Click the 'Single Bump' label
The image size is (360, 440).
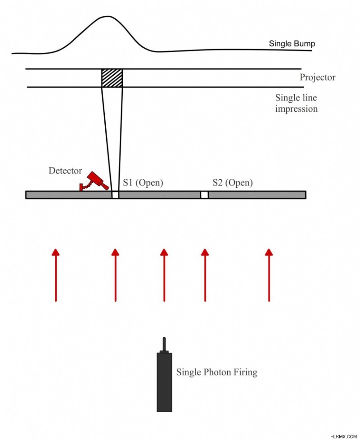tap(292, 44)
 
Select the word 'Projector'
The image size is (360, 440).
tap(317, 77)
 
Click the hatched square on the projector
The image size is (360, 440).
tap(112, 78)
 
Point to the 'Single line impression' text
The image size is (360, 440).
tap(297, 103)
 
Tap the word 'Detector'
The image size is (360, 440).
tap(65, 171)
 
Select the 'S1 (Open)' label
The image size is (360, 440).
tap(143, 183)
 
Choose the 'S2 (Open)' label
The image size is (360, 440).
tap(233, 183)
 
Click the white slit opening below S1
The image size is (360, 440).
tap(115, 195)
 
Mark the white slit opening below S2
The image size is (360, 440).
tap(204, 195)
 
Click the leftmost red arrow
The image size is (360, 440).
tap(56, 275)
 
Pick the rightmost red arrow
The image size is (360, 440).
tap(269, 275)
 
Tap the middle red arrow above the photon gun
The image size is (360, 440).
tap(164, 275)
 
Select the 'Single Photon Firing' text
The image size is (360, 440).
tap(217, 372)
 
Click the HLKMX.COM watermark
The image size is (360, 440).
tap(343, 437)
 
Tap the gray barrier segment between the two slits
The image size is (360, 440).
tap(160, 195)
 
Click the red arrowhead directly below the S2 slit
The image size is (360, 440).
tap(205, 252)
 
